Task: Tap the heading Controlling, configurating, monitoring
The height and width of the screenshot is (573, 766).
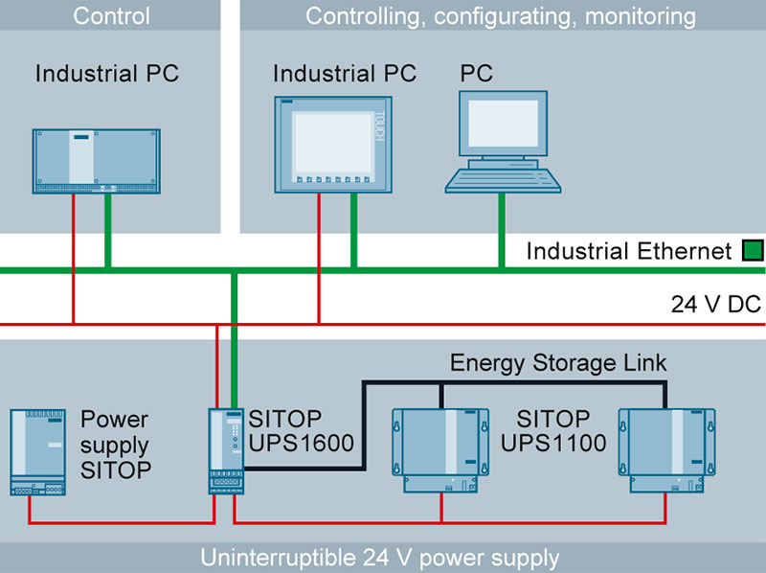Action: click(500, 15)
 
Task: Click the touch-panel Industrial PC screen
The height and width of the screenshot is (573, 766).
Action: click(329, 143)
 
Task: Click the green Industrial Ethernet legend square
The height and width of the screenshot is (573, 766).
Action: click(752, 252)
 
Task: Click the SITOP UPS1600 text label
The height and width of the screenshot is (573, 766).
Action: click(288, 430)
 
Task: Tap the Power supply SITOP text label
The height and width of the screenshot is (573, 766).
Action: click(116, 445)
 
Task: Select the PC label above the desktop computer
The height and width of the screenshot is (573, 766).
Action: click(476, 73)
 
